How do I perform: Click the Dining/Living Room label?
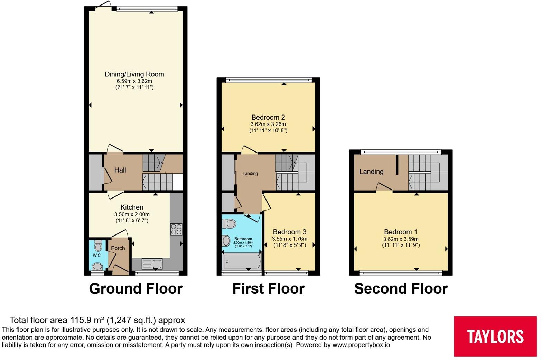134,74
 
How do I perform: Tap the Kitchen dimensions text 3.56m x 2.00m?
132,214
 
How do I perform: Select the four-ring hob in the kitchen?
176,229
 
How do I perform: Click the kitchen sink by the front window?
152,264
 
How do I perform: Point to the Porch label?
118,248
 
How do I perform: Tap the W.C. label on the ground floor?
97,255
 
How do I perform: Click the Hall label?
120,170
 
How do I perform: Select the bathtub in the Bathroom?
242,262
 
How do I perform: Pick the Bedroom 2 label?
268,117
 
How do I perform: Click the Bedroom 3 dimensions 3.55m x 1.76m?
289,239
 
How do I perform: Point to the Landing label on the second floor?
371,172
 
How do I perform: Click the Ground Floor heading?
135,288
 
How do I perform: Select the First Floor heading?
268,288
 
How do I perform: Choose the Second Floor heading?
401,288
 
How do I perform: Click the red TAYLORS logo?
495,336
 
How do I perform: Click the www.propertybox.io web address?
361,345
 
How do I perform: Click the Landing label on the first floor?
250,173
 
